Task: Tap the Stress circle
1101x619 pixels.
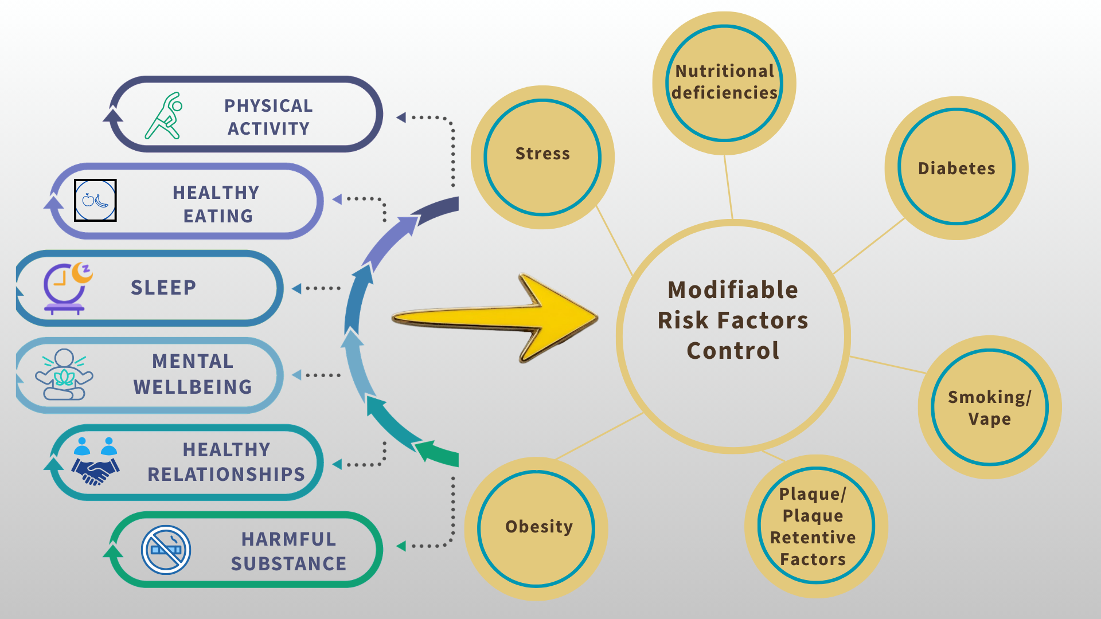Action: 542,157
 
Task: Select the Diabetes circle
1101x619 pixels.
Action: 956,167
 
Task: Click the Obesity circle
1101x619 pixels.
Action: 537,528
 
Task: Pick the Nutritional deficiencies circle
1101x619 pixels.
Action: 724,83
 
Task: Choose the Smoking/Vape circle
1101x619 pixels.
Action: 989,407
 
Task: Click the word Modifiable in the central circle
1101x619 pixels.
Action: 733,290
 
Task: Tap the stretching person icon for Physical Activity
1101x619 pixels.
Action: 165,116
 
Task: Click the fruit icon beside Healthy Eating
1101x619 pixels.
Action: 95,201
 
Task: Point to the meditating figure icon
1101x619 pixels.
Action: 64,375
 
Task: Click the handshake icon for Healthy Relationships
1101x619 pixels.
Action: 96,462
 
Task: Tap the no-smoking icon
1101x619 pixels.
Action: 166,550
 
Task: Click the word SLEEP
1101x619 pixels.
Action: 163,288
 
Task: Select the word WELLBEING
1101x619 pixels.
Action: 193,387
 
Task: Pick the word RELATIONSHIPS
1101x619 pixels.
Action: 226,475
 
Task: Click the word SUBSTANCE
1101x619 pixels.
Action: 288,564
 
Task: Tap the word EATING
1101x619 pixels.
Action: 218,216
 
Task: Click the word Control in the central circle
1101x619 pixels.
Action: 733,351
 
